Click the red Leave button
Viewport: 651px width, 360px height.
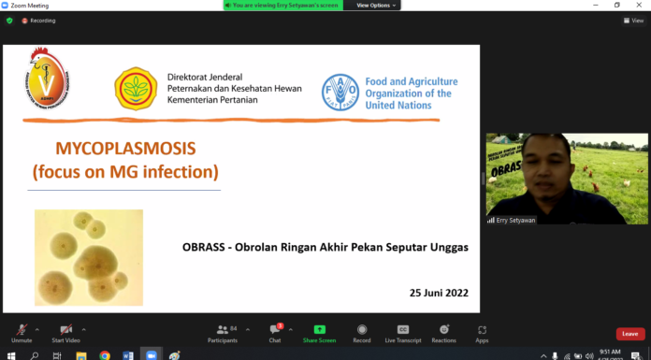point(630,333)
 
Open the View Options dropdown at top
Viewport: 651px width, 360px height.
point(376,6)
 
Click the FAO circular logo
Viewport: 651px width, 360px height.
point(340,93)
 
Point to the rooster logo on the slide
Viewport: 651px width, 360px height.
point(45,78)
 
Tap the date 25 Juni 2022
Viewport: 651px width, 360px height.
point(439,293)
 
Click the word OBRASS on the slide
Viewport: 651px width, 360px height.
point(203,248)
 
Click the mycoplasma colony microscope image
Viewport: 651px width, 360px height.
point(89,257)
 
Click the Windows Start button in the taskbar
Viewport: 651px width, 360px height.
point(9,355)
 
